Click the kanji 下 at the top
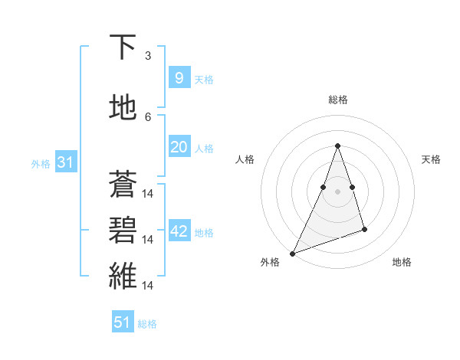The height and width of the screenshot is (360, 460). pos(123,47)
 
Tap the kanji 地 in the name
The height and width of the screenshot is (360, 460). pos(123,108)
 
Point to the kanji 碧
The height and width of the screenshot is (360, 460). pos(123,230)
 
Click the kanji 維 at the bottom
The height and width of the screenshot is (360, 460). pos(123,276)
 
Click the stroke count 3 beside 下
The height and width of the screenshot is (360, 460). pos(148,56)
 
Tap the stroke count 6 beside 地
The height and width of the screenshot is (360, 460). pos(148,117)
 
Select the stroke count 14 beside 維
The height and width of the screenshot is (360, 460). pos(149,286)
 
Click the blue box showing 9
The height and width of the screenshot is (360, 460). pos(179,78)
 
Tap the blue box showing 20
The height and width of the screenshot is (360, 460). pos(179,147)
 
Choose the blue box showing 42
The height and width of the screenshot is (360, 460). pos(179,231)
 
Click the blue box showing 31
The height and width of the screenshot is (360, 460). pos(65,162)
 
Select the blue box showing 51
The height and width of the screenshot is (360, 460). pos(123,322)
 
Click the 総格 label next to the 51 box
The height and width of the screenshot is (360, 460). pos(147,324)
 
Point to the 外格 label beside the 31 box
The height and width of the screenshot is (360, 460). pos(41,164)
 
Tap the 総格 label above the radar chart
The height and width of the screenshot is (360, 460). pos(338,100)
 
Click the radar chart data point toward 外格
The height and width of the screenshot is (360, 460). pos(292,253)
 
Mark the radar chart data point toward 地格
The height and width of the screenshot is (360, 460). pos(365,229)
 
